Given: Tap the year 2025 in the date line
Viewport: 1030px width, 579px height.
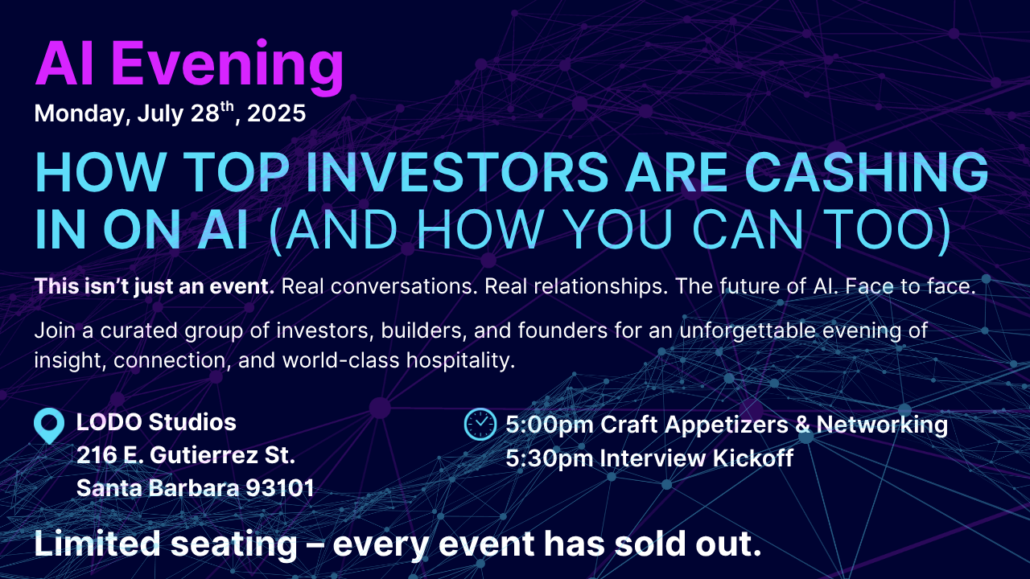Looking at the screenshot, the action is click(x=276, y=113).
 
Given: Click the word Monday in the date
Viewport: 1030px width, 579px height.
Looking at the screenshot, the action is click(x=79, y=114).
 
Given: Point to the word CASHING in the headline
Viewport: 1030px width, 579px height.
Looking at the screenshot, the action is click(x=867, y=172).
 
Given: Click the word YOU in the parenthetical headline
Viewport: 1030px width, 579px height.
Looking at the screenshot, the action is click(x=618, y=229).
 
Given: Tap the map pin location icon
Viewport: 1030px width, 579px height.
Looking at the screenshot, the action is click(x=49, y=426).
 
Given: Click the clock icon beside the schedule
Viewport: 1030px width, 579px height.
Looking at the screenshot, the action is click(x=480, y=424).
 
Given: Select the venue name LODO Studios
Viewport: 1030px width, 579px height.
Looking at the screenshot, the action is click(x=156, y=422).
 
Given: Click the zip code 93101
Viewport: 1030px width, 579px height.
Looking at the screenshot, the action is click(x=280, y=488).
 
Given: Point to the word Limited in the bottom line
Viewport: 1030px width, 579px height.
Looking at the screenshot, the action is click(x=97, y=544).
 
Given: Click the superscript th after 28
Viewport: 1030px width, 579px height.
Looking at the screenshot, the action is click(x=228, y=107).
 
